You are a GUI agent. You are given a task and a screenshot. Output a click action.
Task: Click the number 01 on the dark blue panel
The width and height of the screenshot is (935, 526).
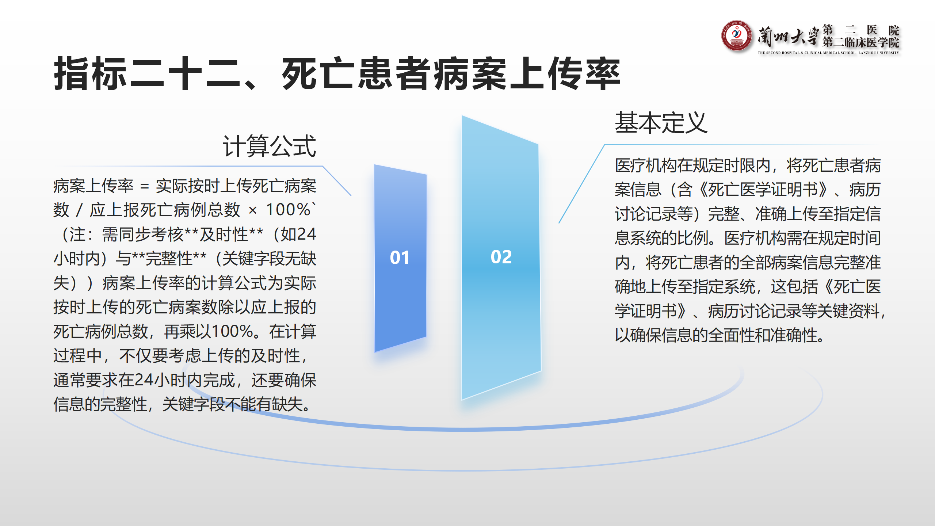[400, 258]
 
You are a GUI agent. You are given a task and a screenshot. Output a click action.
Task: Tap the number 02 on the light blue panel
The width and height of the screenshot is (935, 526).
[501, 257]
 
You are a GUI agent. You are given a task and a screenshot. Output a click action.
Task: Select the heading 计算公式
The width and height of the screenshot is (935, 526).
[270, 146]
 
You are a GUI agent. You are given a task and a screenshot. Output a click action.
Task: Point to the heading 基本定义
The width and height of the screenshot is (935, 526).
[661, 123]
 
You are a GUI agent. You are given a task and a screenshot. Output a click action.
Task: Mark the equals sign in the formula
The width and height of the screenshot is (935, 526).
[145, 187]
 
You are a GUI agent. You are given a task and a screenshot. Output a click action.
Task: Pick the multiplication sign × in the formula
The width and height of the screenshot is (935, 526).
[252, 210]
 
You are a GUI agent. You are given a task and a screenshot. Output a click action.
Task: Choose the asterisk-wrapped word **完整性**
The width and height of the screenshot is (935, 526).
[169, 259]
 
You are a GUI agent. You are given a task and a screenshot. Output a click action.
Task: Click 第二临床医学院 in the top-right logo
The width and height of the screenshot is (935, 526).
[861, 42]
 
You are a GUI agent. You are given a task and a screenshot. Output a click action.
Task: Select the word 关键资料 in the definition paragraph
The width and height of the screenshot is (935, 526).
[848, 311]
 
